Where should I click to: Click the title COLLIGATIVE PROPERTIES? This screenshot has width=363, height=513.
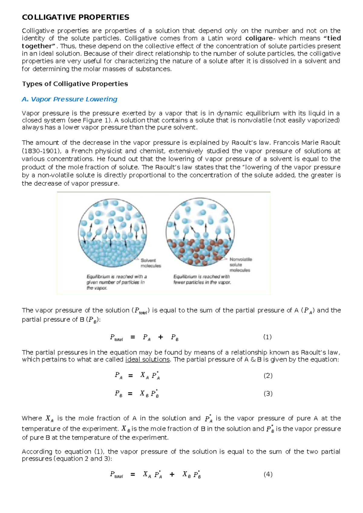pyautogui.click(x=75, y=17)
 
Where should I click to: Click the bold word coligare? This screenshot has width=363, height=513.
pyautogui.click(x=259, y=38)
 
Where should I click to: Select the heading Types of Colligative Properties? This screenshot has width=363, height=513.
pyautogui.click(x=75, y=84)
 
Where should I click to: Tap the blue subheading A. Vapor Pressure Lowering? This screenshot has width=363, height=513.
pyautogui.click(x=70, y=99)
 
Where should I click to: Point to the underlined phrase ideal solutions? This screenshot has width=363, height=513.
pyautogui.click(x=147, y=360)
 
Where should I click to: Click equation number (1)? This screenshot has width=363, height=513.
pyautogui.click(x=267, y=337)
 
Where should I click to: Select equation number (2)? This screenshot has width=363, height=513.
pyautogui.click(x=268, y=376)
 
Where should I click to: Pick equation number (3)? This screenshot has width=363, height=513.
pyautogui.click(x=268, y=394)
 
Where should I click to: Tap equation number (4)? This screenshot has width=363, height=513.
pyautogui.click(x=268, y=474)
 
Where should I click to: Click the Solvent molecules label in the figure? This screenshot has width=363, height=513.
pyautogui.click(x=150, y=263)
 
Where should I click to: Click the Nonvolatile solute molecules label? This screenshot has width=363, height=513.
pyautogui.click(x=240, y=265)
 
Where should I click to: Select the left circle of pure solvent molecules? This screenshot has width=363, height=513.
pyautogui.click(x=112, y=233)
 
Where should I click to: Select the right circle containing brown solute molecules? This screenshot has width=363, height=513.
pyautogui.click(x=200, y=232)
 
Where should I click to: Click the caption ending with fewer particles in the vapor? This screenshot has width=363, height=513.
pyautogui.click(x=202, y=279)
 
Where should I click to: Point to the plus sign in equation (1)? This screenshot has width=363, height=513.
pyautogui.click(x=161, y=337)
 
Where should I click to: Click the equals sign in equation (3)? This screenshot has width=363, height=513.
pyautogui.click(x=130, y=394)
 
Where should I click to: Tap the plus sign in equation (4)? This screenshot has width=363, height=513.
pyautogui.click(x=172, y=475)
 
